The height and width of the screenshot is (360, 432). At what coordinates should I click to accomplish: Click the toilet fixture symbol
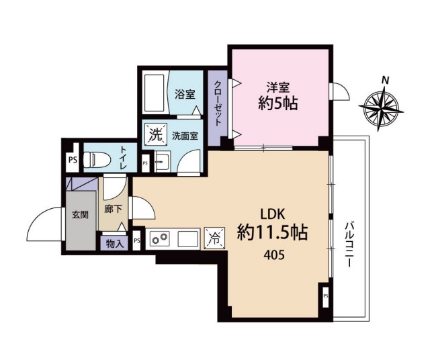[x=97, y=159]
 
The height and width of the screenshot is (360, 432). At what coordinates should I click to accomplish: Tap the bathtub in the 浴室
[x=155, y=93]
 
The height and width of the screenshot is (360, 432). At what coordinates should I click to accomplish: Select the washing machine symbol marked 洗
[x=157, y=134]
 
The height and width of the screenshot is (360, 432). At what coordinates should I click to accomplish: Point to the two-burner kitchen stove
[x=159, y=238]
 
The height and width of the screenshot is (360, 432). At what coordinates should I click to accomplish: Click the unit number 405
[x=273, y=256]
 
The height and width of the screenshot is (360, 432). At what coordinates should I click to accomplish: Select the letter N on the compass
[x=385, y=80]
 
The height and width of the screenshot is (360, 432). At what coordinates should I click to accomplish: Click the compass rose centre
[x=381, y=107]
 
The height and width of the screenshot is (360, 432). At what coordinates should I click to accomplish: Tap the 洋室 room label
[x=277, y=87]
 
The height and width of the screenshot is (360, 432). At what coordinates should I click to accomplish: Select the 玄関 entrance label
[x=80, y=214]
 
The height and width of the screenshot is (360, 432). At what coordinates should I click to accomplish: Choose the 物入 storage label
[x=115, y=244]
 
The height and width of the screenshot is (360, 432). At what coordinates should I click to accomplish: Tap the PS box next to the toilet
[x=73, y=160]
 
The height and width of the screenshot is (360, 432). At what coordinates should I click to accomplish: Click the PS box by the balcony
[x=326, y=296]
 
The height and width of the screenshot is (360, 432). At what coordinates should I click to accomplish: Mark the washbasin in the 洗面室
[x=163, y=161]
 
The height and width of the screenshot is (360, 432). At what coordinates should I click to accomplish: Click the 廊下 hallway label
[x=114, y=209]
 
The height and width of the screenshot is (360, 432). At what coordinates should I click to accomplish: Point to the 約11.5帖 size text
[x=273, y=233]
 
